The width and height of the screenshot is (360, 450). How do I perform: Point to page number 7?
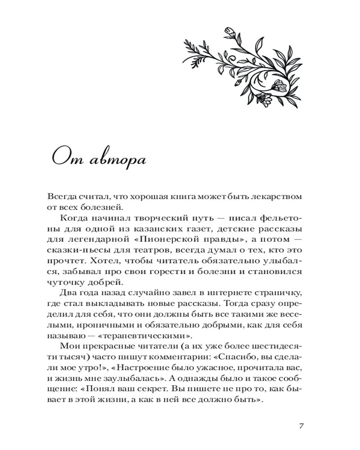(301, 426)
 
